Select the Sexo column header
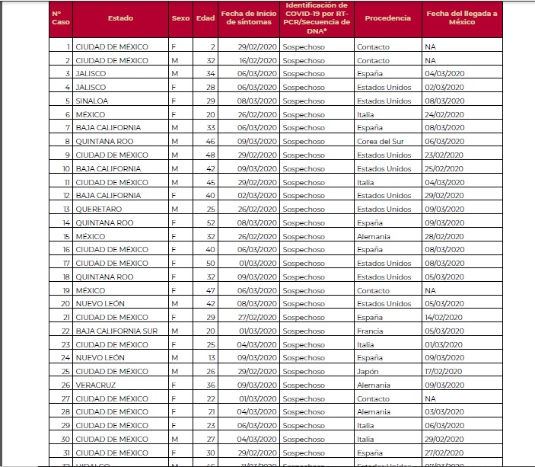180,18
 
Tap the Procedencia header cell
387,18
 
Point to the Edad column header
205,18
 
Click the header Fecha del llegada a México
461,18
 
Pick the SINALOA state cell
91,101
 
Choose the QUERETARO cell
99,209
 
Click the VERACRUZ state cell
95,385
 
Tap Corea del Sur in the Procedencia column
381,141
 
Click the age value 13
211,357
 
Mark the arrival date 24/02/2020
444,114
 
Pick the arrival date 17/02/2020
444,371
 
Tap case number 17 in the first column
66,263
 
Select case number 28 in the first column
65,411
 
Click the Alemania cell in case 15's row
374,236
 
